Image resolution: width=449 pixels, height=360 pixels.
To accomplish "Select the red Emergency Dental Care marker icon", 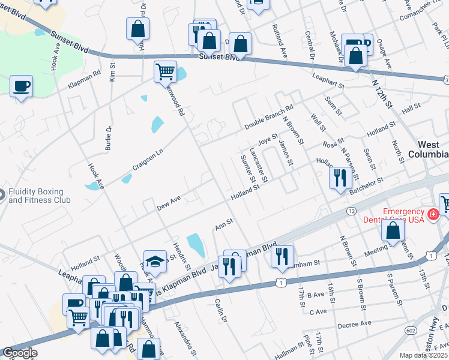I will [432, 213].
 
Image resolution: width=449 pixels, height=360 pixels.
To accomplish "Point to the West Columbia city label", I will [433, 149].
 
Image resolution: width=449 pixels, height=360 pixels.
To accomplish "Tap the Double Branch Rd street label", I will [268, 118].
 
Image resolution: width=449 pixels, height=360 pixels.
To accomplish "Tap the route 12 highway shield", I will [351, 211].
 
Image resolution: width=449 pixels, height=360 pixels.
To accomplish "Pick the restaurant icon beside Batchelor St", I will [340, 177].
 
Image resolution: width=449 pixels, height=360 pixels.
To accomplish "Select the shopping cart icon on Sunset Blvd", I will [165, 72].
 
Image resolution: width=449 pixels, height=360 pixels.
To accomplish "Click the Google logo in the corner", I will [19, 353].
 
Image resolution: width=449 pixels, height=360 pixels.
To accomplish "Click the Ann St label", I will [223, 225].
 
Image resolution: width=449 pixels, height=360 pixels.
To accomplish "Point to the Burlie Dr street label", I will [109, 137].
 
